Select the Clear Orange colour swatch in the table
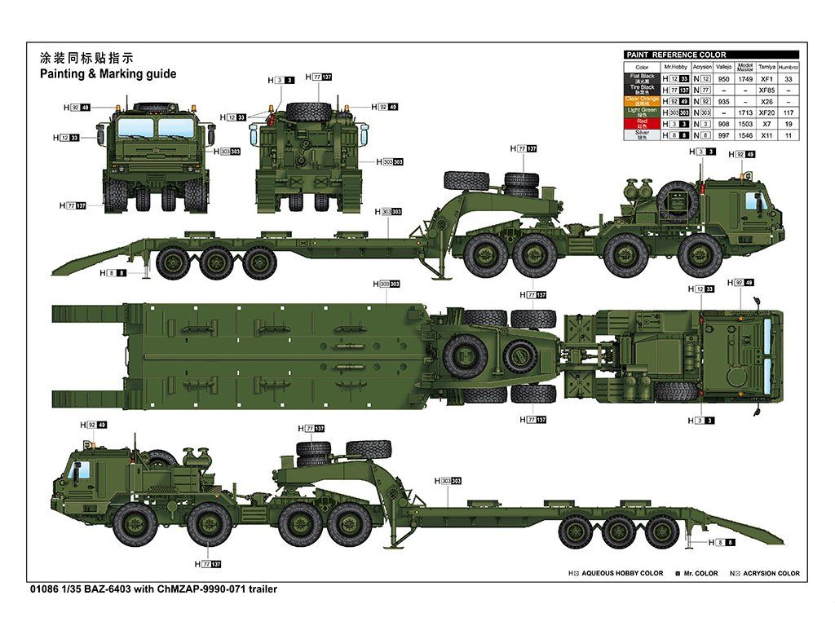click(642, 101)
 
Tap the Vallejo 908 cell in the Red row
click(723, 124)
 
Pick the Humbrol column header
click(788, 67)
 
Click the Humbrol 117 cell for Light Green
click(788, 112)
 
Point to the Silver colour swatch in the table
click(642, 134)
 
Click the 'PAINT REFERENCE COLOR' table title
click(676, 55)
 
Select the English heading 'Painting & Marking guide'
click(108, 73)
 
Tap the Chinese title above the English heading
click(86, 58)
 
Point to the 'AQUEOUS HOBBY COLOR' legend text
click(622, 574)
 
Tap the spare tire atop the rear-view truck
click(308, 109)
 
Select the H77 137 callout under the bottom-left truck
click(207, 564)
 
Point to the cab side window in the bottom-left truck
click(80, 470)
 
